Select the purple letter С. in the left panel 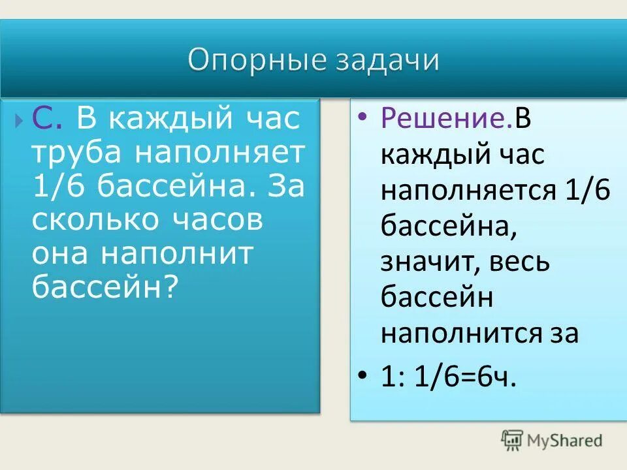pyautogui.click(x=48, y=119)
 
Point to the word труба pyautogui.click(x=77, y=153)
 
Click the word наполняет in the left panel pyautogui.click(x=220, y=153)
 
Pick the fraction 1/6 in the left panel pyautogui.click(x=60, y=187)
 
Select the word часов pyautogui.click(x=217, y=220)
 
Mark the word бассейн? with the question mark pyautogui.click(x=105, y=287)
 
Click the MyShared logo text pyautogui.click(x=565, y=441)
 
